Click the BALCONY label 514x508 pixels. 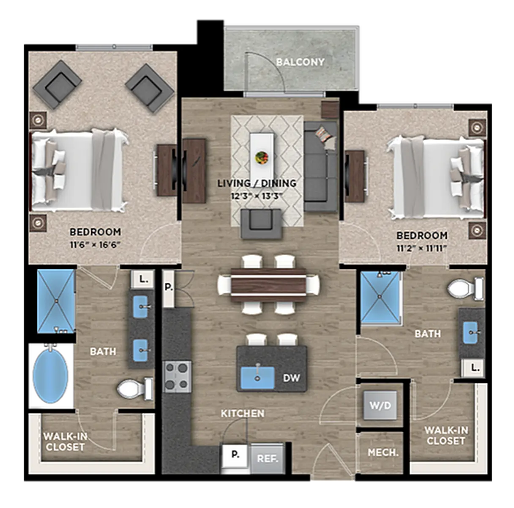coord(300,62)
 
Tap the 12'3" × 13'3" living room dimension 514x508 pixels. coord(257,196)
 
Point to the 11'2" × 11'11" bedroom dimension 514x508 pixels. coord(422,248)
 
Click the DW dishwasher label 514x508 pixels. coord(292,378)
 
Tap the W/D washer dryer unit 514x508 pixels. coord(380,406)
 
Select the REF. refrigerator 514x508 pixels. coord(267,458)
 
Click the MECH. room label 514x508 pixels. coord(383,453)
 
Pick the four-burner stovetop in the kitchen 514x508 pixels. coord(177,377)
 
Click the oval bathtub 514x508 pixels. coord(51,375)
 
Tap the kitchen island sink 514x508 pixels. coord(257,377)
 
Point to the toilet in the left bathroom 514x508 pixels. coord(135,389)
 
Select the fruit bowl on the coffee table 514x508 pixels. coord(261,157)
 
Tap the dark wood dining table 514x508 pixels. coord(268,285)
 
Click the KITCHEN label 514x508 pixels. coord(243,414)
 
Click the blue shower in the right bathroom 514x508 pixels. coord(380,298)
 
